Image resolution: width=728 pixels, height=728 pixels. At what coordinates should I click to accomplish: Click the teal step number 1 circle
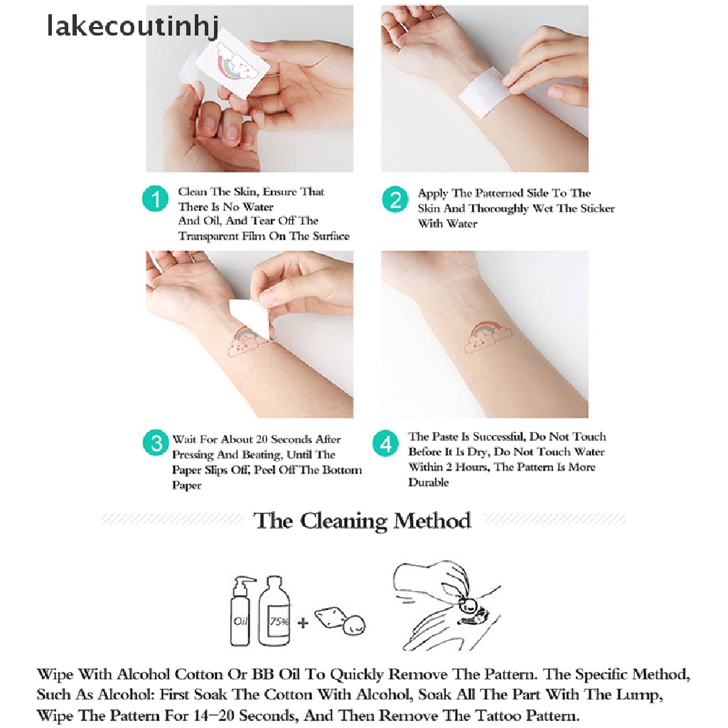156,200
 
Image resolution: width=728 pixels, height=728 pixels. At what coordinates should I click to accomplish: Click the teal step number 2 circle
395,200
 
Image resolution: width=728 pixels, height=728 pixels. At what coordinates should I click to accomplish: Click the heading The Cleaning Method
362,520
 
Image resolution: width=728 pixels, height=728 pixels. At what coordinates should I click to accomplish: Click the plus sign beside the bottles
304,622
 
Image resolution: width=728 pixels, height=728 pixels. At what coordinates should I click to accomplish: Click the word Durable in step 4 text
429,483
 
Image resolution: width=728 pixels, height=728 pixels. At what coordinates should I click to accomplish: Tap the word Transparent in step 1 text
209,236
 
